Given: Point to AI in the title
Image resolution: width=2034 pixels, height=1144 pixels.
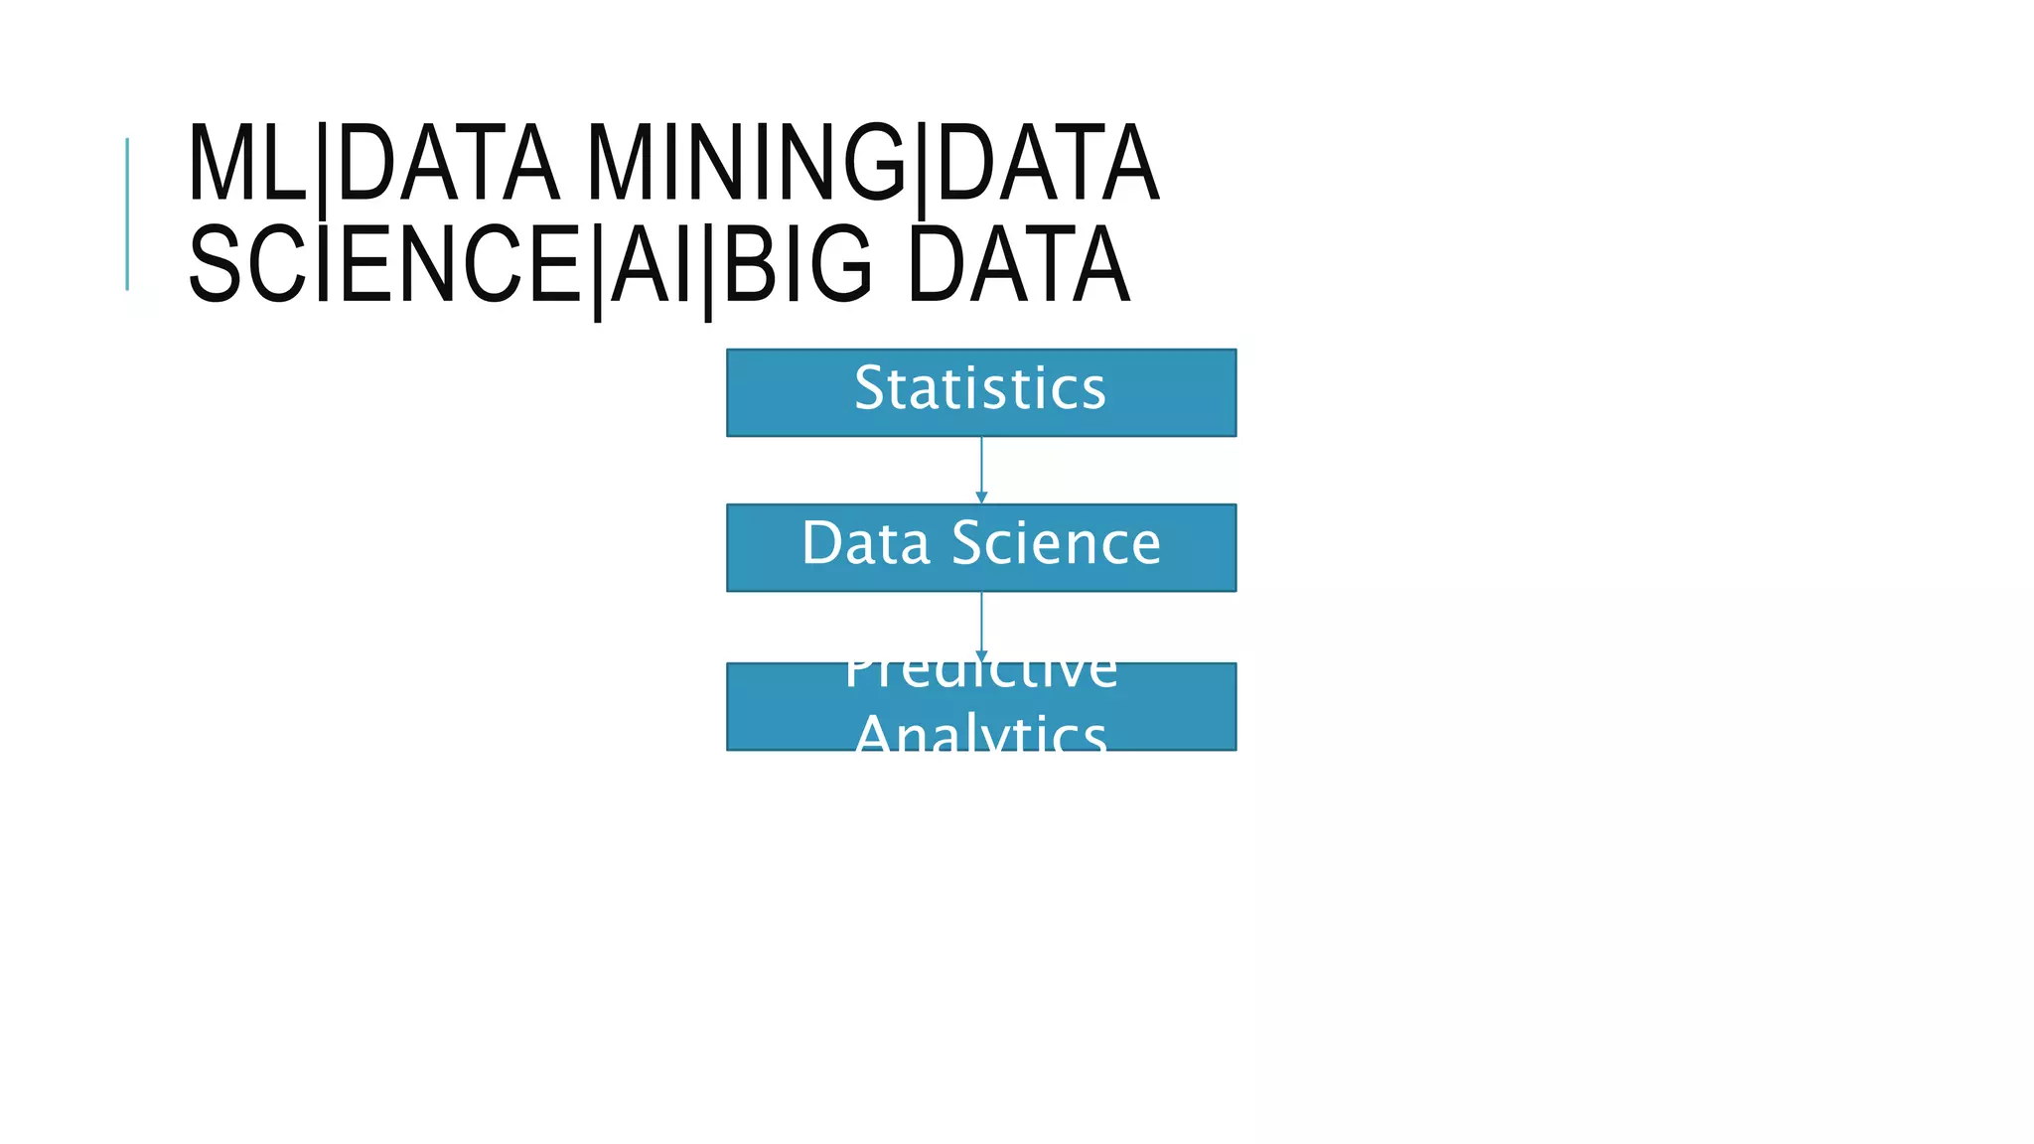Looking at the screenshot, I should coord(652,265).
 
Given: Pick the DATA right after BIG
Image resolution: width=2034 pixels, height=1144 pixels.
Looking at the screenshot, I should coord(1019,265).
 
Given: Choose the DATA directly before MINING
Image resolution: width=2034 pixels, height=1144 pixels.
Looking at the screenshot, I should coord(448,164).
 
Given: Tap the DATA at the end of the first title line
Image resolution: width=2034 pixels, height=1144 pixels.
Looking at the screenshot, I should coord(1048,164).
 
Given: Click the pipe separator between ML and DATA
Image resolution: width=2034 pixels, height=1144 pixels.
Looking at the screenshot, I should coord(323,169).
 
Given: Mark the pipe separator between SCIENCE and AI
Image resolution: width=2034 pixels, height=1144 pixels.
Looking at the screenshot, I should coord(598,270).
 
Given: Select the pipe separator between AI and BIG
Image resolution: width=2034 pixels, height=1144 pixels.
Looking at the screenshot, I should coord(708,270).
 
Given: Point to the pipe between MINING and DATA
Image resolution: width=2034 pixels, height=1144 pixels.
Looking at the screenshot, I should coord(922,169).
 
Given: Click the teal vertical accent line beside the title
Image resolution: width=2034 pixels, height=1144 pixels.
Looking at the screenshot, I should coord(127,214).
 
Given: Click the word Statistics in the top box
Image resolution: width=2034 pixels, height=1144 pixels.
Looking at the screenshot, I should coord(980,388).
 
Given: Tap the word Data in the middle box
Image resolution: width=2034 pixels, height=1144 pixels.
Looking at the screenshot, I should coord(865,543).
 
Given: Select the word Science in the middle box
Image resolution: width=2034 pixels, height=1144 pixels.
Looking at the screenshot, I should coord(1057,543).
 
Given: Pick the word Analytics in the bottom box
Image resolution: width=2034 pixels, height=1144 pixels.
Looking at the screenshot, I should coord(980,734).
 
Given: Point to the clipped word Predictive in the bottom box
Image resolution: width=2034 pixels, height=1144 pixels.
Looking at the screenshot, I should coord(980,674).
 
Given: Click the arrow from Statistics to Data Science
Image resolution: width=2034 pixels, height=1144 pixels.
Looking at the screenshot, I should coord(981,470).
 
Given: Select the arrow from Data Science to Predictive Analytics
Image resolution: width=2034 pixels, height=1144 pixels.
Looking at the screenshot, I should coord(981,626).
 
